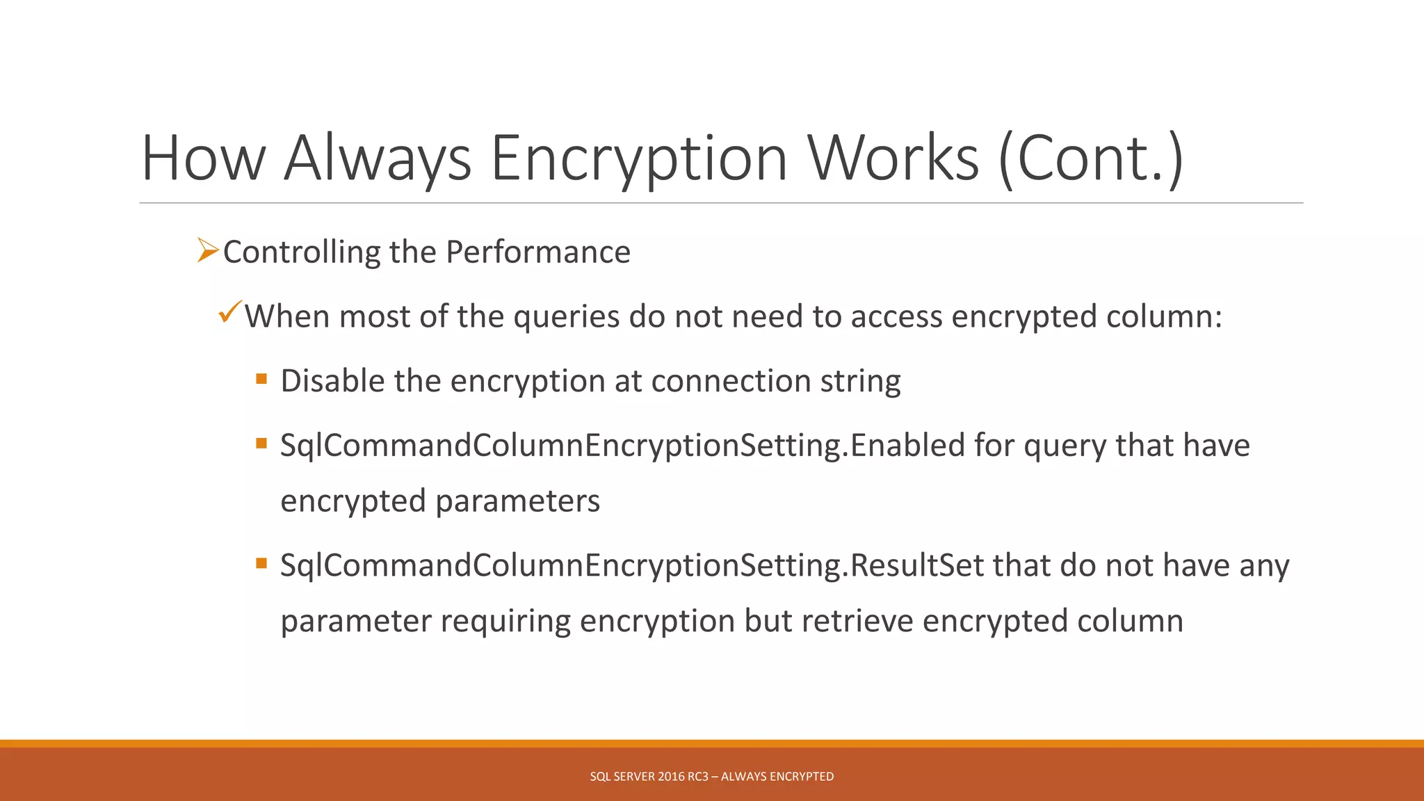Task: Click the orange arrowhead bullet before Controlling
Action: point(207,250)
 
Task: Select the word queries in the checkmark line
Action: point(566,317)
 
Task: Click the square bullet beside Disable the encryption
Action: point(261,379)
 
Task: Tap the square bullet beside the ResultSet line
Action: point(261,563)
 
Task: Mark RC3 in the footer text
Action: point(697,777)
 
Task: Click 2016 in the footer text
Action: point(671,777)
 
